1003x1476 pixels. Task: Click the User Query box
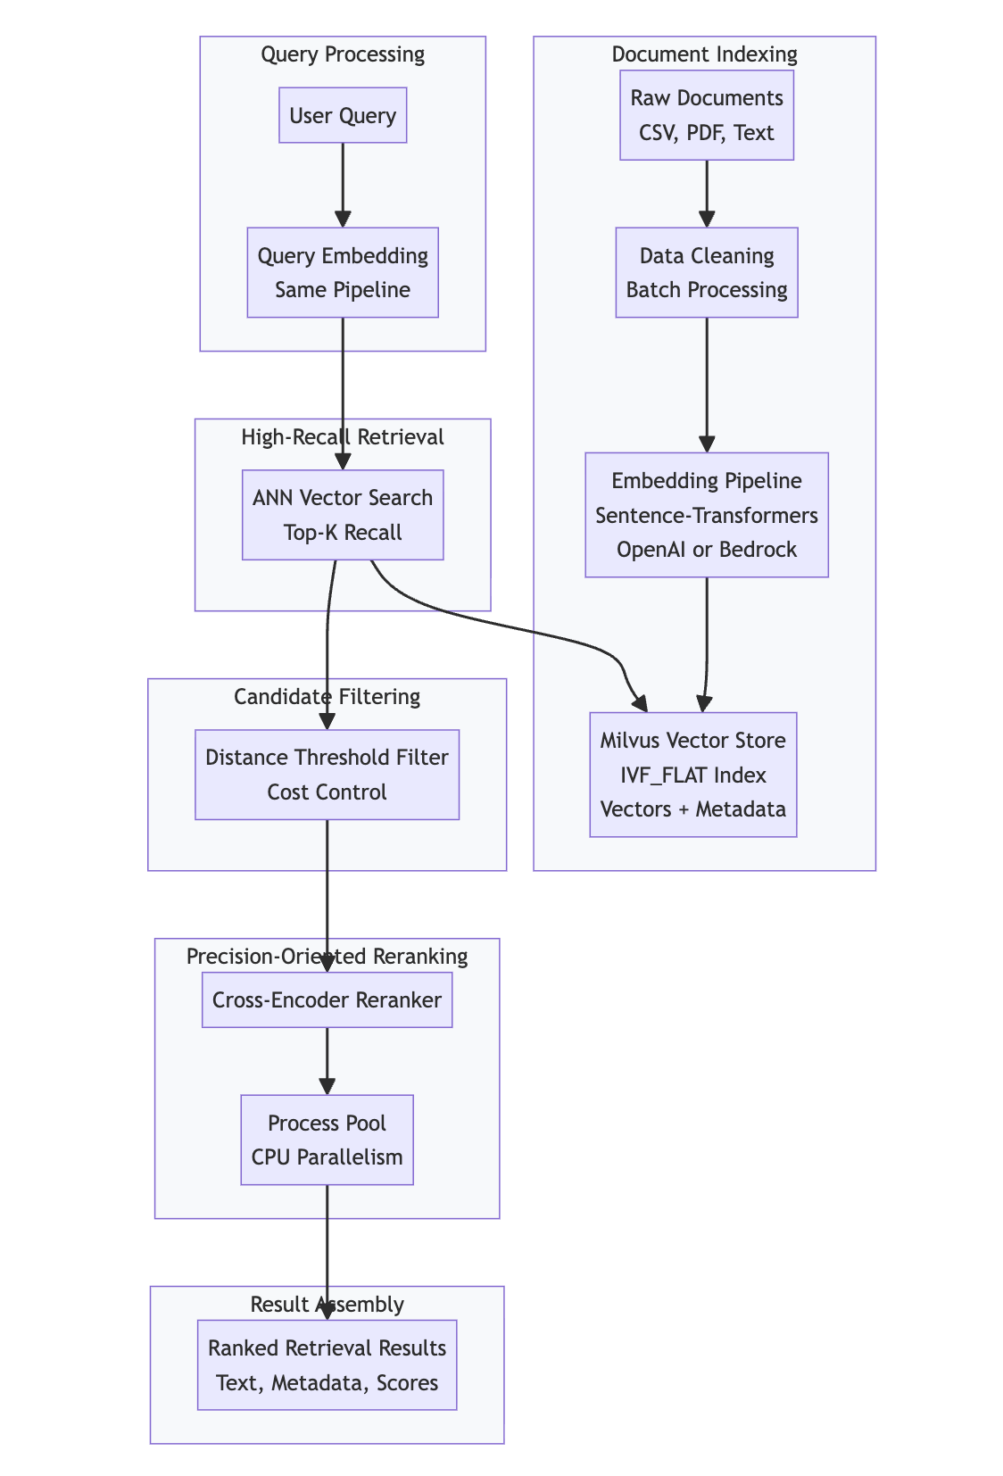pos(343,115)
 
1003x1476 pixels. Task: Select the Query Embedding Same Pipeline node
pos(343,272)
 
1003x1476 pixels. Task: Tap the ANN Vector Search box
pos(343,515)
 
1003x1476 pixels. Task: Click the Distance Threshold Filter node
pos(327,775)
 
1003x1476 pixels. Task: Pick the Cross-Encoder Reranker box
pos(327,999)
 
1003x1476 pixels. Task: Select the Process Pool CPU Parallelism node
pos(327,1140)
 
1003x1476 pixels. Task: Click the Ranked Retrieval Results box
pos(327,1365)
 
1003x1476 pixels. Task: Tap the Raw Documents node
pos(707,115)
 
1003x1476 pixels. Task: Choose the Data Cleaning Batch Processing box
pos(707,272)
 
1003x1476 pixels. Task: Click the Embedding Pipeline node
pos(707,515)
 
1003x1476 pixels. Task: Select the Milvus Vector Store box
pos(693,775)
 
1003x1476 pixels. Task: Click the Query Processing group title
pos(343,54)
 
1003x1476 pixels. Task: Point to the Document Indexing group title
pos(704,54)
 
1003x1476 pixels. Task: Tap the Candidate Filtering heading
pos(327,696)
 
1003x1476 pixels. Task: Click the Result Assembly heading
pos(327,1305)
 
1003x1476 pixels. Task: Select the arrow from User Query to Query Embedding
pos(343,184)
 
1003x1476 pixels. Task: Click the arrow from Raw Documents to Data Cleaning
pos(707,193)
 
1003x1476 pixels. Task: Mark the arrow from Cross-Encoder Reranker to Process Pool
pos(327,1060)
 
